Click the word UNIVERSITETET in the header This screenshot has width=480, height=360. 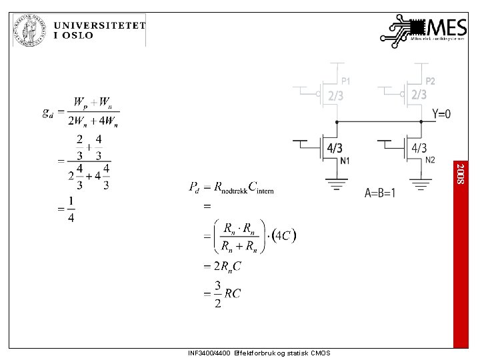point(99,24)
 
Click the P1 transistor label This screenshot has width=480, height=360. point(346,81)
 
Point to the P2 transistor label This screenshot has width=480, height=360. point(431,81)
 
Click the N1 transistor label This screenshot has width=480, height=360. point(345,161)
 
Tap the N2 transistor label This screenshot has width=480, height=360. point(430,160)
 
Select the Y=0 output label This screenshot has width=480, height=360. point(441,114)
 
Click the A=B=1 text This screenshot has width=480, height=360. point(380,193)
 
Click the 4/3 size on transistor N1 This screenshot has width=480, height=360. point(335,147)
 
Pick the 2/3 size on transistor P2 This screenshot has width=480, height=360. point(419,95)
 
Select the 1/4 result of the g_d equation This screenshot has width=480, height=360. point(70,209)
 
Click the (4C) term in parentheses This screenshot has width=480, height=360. point(285,235)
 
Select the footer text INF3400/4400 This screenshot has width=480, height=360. point(210,353)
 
